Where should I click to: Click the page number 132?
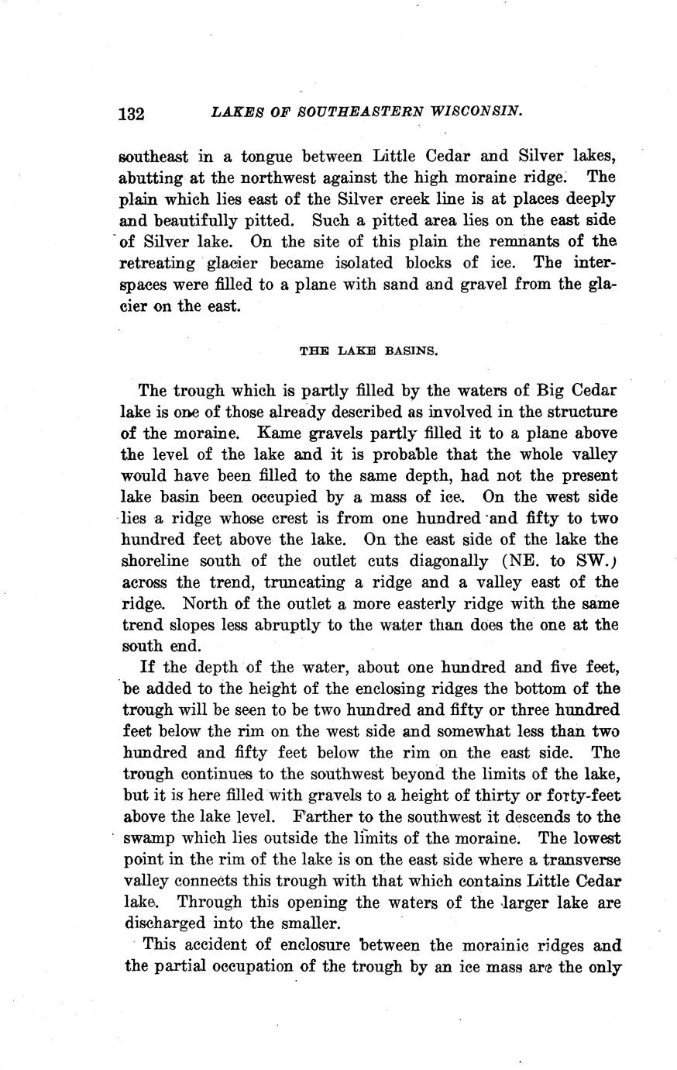pos(132,113)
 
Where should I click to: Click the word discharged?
pos(163,923)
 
